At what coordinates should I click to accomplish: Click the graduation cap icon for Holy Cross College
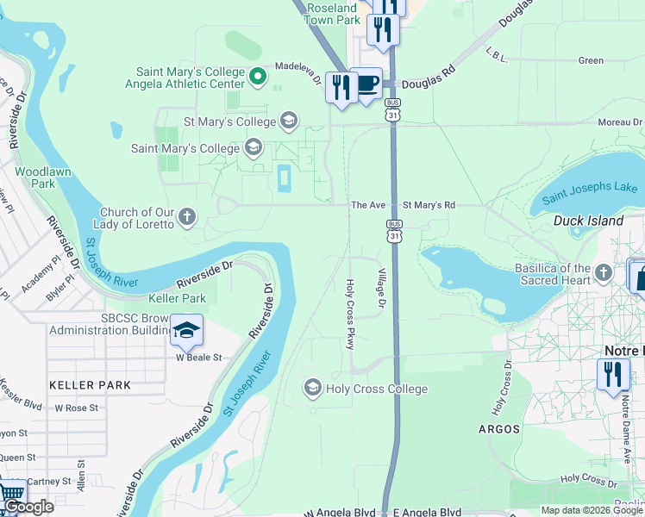(312, 389)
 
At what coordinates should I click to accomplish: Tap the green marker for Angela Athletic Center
(257, 78)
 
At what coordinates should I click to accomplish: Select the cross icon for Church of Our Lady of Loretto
(187, 217)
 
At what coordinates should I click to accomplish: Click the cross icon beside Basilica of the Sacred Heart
(604, 274)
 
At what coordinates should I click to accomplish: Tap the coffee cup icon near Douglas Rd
(367, 84)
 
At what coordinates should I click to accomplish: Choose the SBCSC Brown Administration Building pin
(186, 330)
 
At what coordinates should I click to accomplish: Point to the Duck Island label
(588, 221)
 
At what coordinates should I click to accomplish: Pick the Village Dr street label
(379, 289)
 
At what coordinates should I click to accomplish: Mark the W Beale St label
(199, 357)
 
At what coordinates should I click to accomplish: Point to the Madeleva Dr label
(298, 72)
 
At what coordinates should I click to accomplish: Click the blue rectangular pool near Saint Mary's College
(282, 178)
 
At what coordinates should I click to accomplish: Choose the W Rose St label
(77, 408)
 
